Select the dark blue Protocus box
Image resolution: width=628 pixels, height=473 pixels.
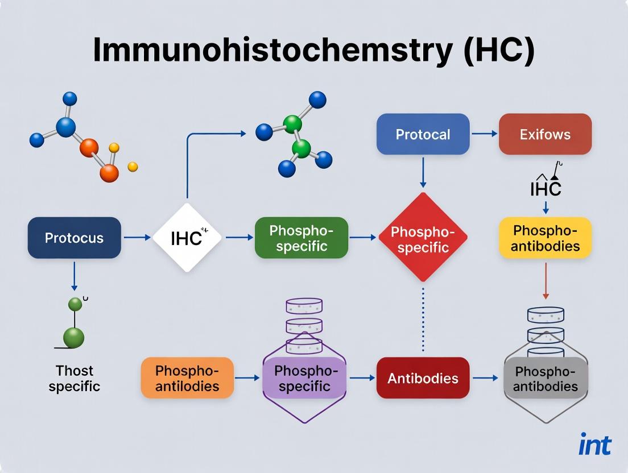point(75,238)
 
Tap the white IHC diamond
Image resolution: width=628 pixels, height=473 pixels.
point(187,238)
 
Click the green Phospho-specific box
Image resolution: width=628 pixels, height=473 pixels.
point(301,238)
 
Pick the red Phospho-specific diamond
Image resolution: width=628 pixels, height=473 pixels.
point(422,238)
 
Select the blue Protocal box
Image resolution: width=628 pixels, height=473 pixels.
point(423,134)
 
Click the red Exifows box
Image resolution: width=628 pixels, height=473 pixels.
point(545,134)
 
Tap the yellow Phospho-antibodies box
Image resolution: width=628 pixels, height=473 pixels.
point(545,238)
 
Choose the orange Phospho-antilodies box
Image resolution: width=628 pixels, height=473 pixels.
point(187,377)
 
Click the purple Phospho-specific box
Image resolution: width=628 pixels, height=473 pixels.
point(305,377)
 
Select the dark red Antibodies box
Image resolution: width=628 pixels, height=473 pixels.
point(423,377)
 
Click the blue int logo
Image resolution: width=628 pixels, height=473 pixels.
point(594,445)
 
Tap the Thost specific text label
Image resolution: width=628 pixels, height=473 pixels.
point(75,379)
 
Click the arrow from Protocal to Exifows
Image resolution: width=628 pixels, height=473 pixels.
point(484,134)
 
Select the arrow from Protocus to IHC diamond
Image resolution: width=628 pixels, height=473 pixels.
point(137,238)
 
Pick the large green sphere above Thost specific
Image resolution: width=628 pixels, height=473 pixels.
point(73,337)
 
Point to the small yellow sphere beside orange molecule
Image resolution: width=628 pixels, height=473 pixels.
point(133,167)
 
